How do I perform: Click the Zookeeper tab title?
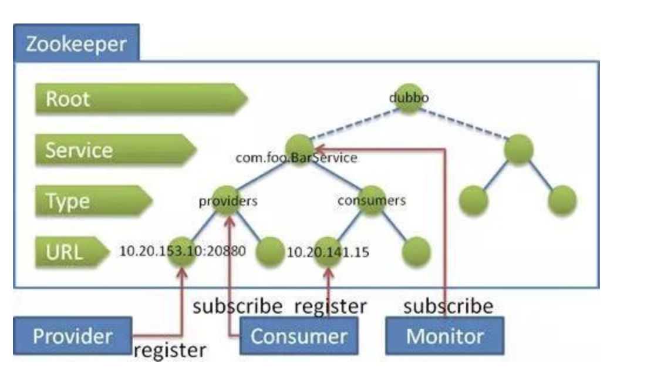tap(76, 43)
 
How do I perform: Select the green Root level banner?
tap(141, 99)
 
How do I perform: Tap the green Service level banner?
tap(115, 150)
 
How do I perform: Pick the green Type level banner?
tap(93, 201)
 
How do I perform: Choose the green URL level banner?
tap(72, 252)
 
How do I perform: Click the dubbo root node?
tap(409, 99)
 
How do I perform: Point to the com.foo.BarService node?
tap(299, 150)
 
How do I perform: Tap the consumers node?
tap(371, 201)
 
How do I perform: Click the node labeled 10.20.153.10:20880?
tap(181, 252)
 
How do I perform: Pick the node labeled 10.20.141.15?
tap(328, 252)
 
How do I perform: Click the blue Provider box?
tap(73, 336)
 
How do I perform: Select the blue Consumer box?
tap(299, 336)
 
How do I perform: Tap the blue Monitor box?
tap(444, 336)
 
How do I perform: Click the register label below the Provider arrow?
tap(170, 351)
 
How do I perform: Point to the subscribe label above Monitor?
tap(449, 306)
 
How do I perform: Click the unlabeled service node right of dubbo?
tap(518, 150)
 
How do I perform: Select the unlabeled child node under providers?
tap(270, 252)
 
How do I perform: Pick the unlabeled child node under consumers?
tap(416, 252)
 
